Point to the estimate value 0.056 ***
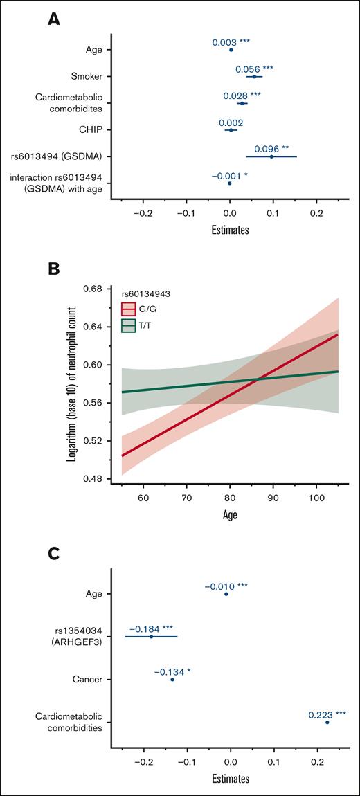[253, 68]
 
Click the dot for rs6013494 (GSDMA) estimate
[271, 156]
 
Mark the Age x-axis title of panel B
[230, 515]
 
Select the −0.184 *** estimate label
[152, 629]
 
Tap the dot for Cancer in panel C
[172, 680]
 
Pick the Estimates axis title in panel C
[230, 779]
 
